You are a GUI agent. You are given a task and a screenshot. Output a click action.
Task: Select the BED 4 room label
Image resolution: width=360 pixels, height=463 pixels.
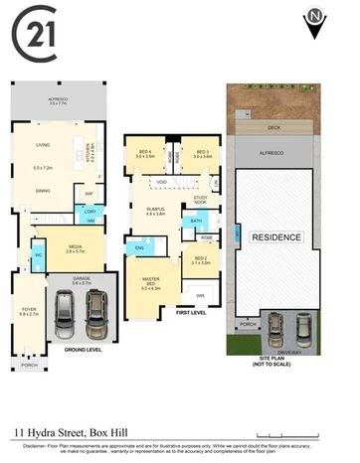coord(145,153)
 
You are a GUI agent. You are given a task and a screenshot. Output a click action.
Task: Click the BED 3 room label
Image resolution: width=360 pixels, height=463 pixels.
coord(203,153)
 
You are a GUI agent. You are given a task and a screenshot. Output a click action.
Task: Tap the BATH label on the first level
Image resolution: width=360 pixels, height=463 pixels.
coord(197,221)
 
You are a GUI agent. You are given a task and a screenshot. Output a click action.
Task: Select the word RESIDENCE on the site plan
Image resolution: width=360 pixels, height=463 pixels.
coord(276,238)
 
